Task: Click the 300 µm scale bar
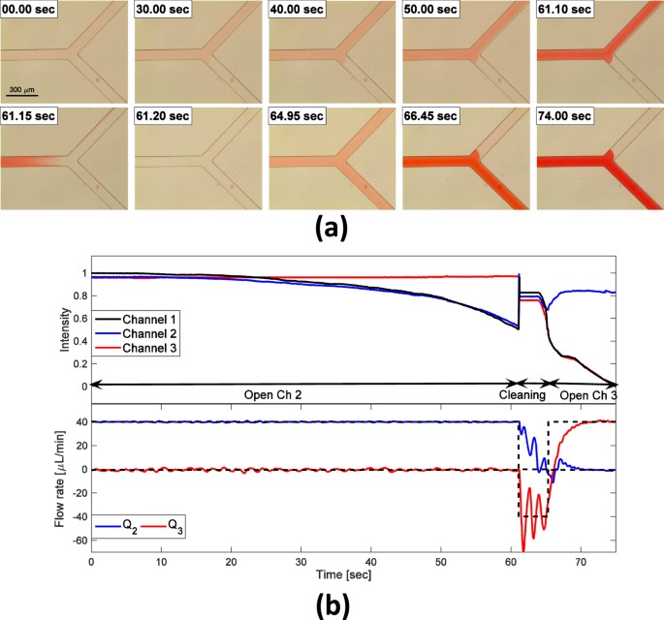(23, 95)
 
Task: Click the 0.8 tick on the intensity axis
(79, 295)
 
